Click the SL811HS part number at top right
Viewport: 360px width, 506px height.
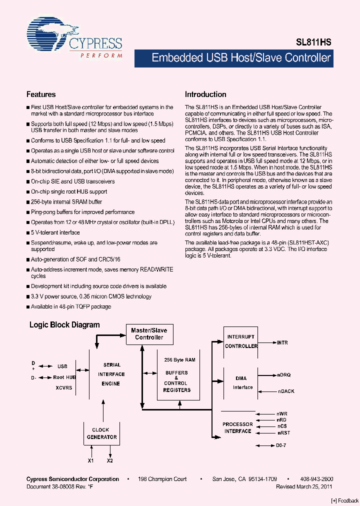pyautogui.click(x=317, y=43)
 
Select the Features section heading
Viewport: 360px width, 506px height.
pyautogui.click(x=41, y=94)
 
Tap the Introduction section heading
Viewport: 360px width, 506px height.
pyautogui.click(x=205, y=94)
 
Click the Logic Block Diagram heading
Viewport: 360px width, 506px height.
pyautogui.click(x=64, y=325)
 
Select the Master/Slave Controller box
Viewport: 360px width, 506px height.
pyautogui.click(x=149, y=333)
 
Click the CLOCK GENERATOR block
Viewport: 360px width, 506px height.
pyautogui.click(x=104, y=433)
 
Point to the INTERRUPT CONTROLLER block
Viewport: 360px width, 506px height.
pyautogui.click(x=241, y=341)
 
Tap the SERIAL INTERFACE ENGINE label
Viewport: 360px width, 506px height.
pyautogui.click(x=111, y=374)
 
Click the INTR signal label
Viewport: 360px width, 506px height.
pyautogui.click(x=282, y=343)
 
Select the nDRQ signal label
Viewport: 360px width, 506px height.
pyautogui.click(x=284, y=374)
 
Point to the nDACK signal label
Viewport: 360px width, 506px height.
pyautogui.click(x=286, y=391)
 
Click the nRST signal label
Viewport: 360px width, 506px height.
pyautogui.click(x=283, y=433)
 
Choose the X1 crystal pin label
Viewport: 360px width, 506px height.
pyautogui.click(x=90, y=460)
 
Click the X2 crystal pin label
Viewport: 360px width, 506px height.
pyautogui.click(x=110, y=460)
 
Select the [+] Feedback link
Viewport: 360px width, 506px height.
pyautogui.click(x=345, y=500)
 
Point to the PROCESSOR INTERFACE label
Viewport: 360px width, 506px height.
pyautogui.click(x=237, y=427)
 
